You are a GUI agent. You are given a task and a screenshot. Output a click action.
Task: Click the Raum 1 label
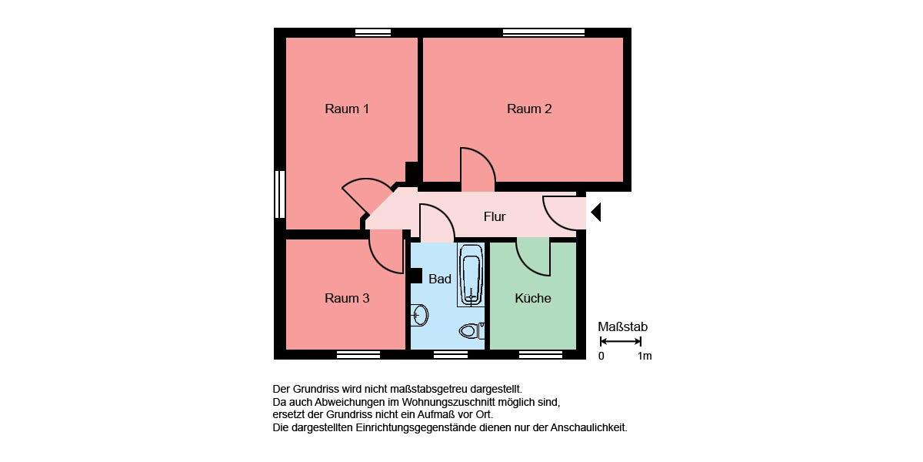pyautogui.click(x=347, y=109)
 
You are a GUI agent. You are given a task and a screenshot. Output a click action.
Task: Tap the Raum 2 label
pyautogui.click(x=529, y=109)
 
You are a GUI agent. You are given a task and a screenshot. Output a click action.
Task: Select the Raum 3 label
pyautogui.click(x=347, y=298)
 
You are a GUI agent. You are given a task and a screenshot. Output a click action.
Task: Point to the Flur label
pyautogui.click(x=495, y=216)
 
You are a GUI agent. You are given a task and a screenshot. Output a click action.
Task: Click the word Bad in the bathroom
pyautogui.click(x=440, y=279)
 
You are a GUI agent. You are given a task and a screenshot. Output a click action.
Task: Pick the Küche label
pyautogui.click(x=533, y=298)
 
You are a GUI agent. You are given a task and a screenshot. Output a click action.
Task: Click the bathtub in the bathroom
pyautogui.click(x=471, y=276)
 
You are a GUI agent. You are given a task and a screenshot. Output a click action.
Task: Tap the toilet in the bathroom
pyautogui.click(x=469, y=331)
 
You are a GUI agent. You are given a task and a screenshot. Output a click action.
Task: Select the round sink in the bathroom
pyautogui.click(x=420, y=315)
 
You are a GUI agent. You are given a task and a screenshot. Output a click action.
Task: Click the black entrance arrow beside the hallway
pyautogui.click(x=595, y=212)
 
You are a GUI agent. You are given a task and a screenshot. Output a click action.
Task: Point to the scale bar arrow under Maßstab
pyautogui.click(x=620, y=341)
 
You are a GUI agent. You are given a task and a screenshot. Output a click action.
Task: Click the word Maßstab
pyautogui.click(x=622, y=326)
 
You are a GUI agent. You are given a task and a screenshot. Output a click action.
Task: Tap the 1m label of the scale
pyautogui.click(x=644, y=356)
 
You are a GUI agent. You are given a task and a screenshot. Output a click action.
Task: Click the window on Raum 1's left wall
pyautogui.click(x=280, y=195)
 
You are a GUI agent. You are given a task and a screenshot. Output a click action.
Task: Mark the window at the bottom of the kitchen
pyautogui.click(x=541, y=355)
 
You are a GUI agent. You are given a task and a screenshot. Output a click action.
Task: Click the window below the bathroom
pyautogui.click(x=451, y=355)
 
